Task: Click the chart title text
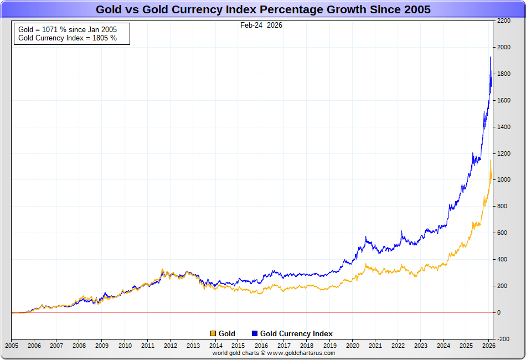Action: coord(263,9)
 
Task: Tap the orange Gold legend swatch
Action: coord(213,333)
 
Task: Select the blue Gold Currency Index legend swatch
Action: coord(255,333)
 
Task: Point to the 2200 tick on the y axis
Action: coord(503,20)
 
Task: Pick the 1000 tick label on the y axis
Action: coord(503,180)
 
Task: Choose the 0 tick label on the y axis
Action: coord(499,312)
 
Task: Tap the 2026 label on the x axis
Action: coord(488,346)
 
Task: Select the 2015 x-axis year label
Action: coord(238,346)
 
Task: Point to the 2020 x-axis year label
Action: coord(352,346)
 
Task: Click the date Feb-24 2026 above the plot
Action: coord(261,25)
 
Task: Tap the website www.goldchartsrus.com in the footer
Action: coord(302,353)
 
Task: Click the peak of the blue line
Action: coord(490,57)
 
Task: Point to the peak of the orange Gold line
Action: coord(491,160)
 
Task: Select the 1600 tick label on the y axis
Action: coord(503,100)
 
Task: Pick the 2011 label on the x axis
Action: coord(147,346)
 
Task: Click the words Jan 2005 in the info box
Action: coord(101,29)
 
